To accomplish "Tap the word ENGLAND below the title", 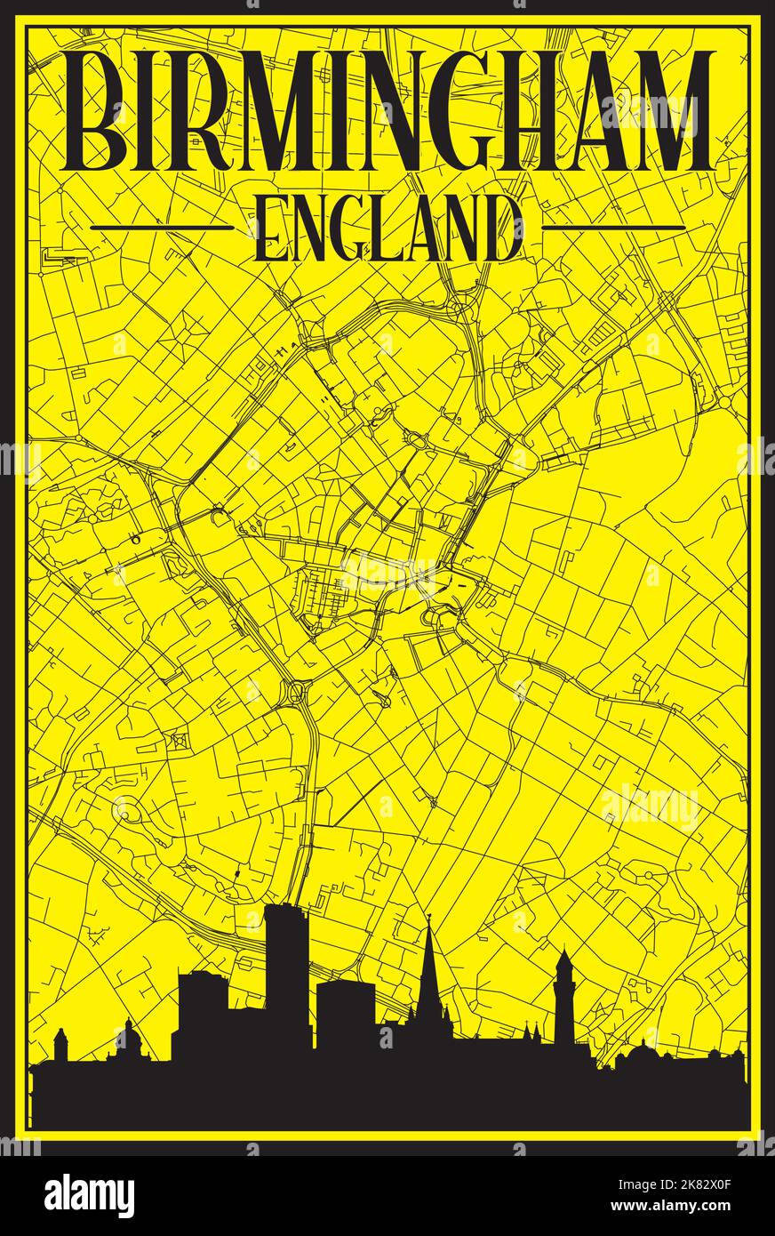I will point(387,229).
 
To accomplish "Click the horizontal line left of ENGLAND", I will point(162,228).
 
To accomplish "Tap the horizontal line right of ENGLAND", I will point(613,228).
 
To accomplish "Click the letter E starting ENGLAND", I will point(270,229).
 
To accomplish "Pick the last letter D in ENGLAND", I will point(504,229).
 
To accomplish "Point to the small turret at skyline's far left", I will point(60,1045).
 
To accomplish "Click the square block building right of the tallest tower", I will point(345,1014).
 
